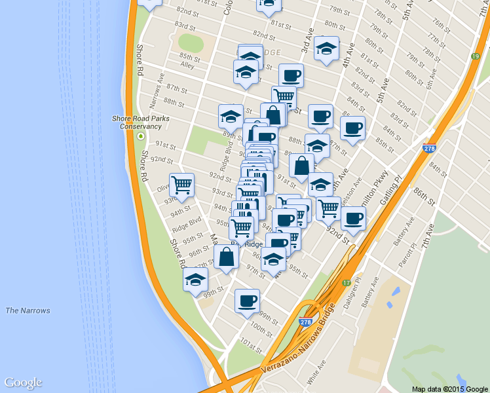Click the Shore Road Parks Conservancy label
(136, 122)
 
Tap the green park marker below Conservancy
(140, 136)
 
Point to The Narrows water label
(28, 310)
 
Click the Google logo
(23, 383)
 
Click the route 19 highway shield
(474, 58)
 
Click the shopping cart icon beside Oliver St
(181, 185)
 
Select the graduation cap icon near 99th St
(195, 280)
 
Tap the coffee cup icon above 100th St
(247, 301)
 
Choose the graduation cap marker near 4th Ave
(326, 48)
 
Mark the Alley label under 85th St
(188, 65)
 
